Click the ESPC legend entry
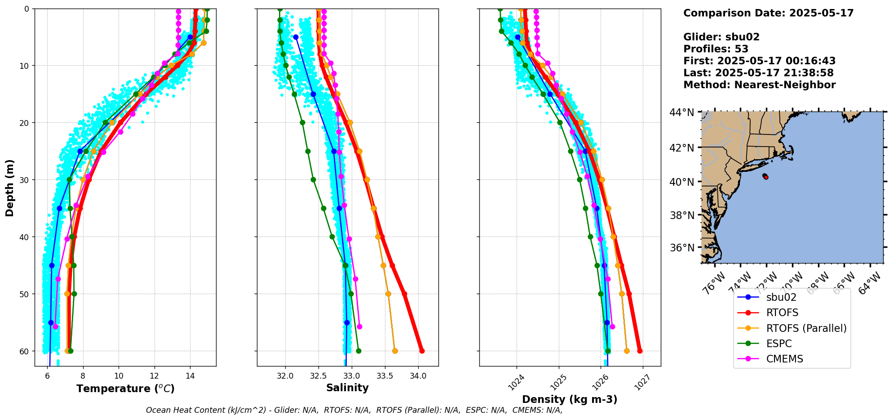[779, 344]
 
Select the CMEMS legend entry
[784, 359]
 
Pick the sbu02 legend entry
[781, 297]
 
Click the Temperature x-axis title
[125, 389]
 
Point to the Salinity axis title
[347, 388]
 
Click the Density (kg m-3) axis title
[570, 399]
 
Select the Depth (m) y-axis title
[10, 188]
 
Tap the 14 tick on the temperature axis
[190, 375]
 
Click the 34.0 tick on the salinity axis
[418, 375]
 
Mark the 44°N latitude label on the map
[682, 112]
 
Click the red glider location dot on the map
[766, 177]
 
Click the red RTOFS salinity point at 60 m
[422, 351]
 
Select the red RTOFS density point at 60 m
[640, 351]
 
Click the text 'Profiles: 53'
[716, 49]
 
